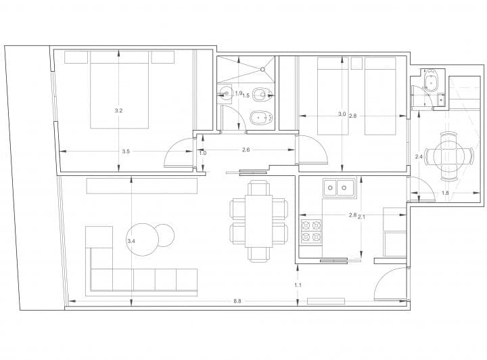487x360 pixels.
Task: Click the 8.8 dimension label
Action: click(x=237, y=300)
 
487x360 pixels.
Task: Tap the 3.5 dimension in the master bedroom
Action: click(x=126, y=152)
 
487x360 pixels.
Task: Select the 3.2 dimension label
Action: click(x=118, y=110)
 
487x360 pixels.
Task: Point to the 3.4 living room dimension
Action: click(x=131, y=241)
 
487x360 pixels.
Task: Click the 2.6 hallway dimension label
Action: click(x=246, y=150)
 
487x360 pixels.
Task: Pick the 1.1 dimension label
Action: click(x=298, y=285)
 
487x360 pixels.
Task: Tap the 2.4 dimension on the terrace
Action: click(x=419, y=156)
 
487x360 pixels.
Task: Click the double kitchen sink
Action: click(x=339, y=187)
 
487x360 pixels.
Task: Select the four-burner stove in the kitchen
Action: click(x=311, y=231)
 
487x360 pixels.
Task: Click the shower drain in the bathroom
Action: click(x=262, y=69)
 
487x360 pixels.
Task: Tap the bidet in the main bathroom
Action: click(x=261, y=118)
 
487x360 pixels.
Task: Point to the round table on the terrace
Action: click(x=449, y=156)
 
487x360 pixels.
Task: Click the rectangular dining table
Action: click(x=258, y=221)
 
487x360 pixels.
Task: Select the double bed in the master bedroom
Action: click(x=119, y=90)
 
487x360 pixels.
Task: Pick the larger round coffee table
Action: click(x=143, y=240)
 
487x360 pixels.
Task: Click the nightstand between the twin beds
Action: click(x=357, y=64)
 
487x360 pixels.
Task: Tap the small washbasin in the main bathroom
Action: click(x=225, y=93)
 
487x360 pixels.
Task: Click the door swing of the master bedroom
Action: click(x=177, y=152)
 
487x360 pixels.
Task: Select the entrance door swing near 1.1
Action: click(x=390, y=284)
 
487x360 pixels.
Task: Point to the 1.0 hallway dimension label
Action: click(x=202, y=153)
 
